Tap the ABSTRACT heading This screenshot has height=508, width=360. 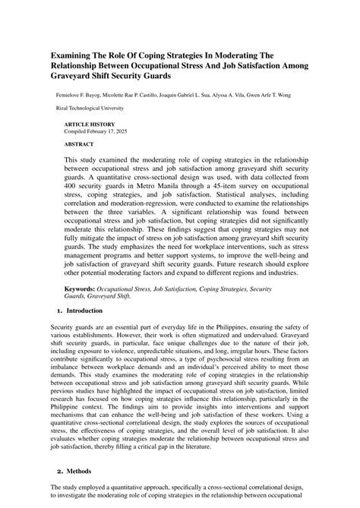tap(79, 143)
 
